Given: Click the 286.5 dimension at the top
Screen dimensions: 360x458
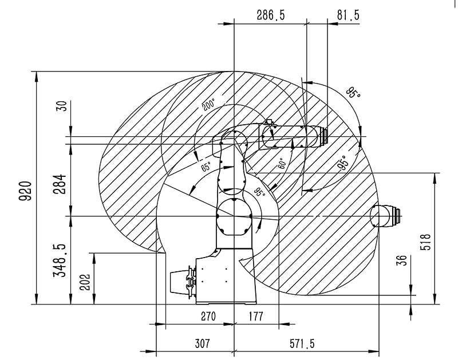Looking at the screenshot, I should pyautogui.click(x=271, y=16).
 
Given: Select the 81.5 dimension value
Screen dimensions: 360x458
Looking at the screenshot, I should pyautogui.click(x=348, y=16).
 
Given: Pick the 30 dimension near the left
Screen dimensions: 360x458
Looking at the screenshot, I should pyautogui.click(x=62, y=105).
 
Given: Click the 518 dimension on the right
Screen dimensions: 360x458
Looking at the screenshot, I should pyautogui.click(x=426, y=239).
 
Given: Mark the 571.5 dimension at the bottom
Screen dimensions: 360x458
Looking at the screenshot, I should pyautogui.click(x=304, y=343).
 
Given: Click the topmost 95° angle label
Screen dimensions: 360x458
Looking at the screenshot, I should pyautogui.click(x=353, y=92).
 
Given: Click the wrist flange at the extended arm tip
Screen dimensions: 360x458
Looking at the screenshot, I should pyautogui.click(x=325, y=136).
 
